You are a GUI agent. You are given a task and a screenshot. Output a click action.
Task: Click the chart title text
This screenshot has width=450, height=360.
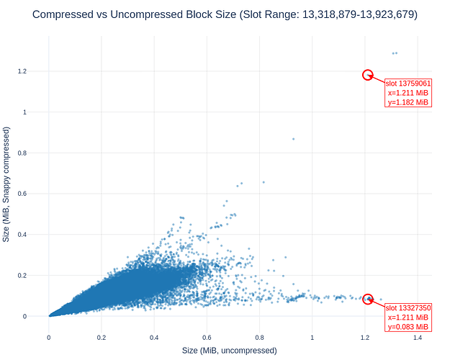coord(225,14)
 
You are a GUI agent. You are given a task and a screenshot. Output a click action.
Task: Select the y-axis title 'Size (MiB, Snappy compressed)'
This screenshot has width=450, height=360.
coord(6,184)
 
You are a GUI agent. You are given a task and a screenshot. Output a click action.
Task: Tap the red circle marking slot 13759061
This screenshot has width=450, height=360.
coord(367,75)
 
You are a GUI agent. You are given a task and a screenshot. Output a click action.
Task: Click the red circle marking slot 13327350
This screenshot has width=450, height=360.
coord(368,299)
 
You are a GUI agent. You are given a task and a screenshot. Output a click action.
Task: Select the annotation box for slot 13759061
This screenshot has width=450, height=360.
coord(408,93)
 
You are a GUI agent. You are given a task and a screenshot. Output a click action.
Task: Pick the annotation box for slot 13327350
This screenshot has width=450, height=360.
coord(408,317)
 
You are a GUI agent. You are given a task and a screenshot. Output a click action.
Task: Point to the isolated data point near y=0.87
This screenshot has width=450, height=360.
coord(293,139)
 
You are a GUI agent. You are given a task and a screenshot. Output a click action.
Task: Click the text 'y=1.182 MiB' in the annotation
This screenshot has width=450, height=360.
coord(408,102)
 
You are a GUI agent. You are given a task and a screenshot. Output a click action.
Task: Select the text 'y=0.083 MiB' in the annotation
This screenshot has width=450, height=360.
coord(408,327)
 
